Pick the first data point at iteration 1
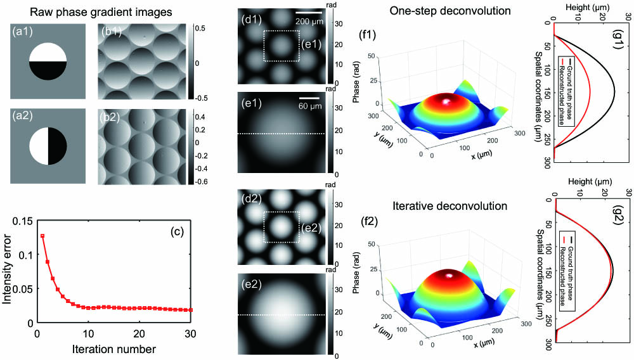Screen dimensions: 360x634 pyautogui.click(x=42, y=236)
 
